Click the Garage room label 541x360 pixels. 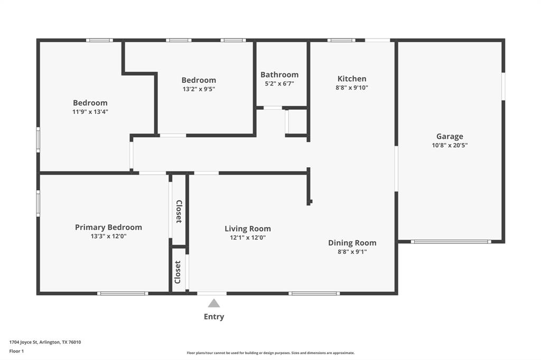click(x=450, y=136)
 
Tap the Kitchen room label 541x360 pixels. click(x=352, y=79)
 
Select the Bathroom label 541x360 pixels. click(x=279, y=74)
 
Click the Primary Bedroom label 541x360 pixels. click(x=108, y=227)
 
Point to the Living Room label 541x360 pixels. click(x=248, y=229)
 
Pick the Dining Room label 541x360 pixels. click(x=352, y=243)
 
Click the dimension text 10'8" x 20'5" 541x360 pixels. click(x=450, y=145)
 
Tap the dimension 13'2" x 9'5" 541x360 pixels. click(x=199, y=89)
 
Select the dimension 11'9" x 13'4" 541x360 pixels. click(x=90, y=112)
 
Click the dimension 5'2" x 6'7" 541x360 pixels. click(x=279, y=83)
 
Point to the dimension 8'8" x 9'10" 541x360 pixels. click(x=352, y=88)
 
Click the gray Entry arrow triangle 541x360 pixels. click(x=213, y=303)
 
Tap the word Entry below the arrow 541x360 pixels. click(x=214, y=317)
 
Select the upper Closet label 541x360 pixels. click(x=179, y=211)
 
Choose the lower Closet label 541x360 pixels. click(x=178, y=272)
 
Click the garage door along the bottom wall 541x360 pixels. click(x=451, y=242)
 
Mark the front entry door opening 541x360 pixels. click(x=212, y=293)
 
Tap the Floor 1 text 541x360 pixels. click(x=16, y=351)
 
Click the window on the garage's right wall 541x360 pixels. click(x=503, y=86)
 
